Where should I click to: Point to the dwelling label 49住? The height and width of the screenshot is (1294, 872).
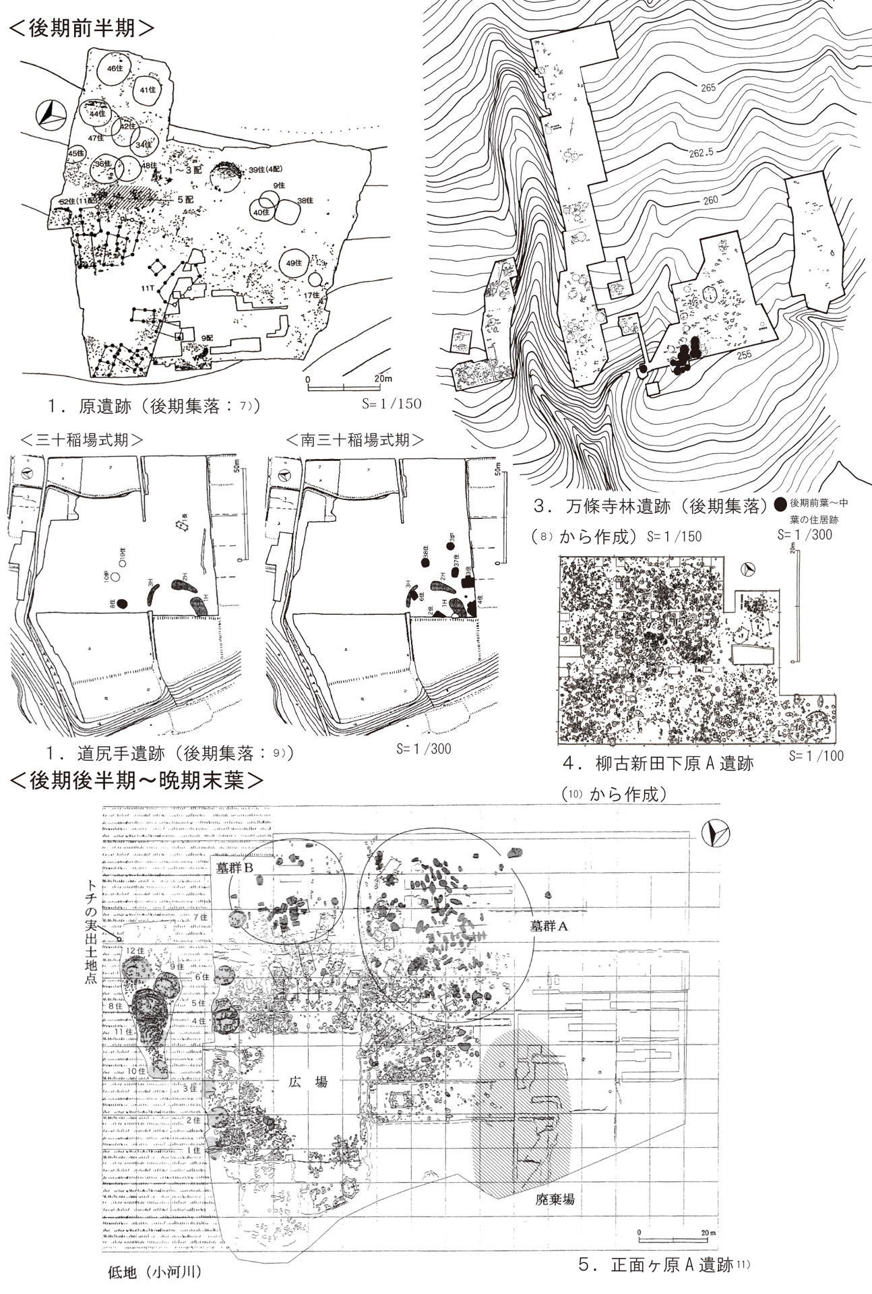pos(293,263)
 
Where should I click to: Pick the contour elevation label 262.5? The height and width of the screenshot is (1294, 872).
pos(702,153)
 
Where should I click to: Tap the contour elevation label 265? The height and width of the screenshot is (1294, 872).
pos(708,87)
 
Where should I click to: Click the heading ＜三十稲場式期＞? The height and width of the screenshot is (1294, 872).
pos(82,441)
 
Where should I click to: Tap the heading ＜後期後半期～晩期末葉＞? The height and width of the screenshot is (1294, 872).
pos(136,780)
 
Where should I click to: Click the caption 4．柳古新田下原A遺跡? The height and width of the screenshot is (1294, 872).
pos(658,764)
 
